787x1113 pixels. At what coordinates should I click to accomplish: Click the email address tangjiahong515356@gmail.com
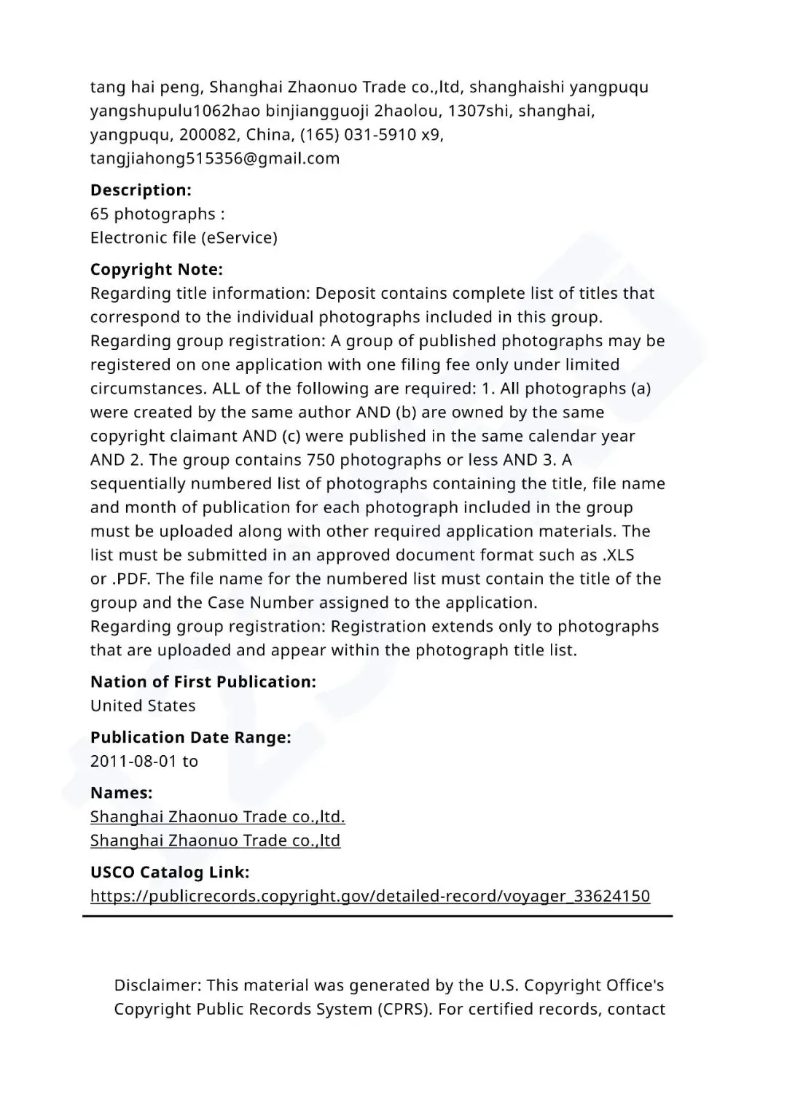tap(215, 158)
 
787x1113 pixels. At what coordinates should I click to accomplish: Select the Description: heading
tap(141, 190)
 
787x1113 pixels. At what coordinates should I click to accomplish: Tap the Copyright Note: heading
tap(157, 270)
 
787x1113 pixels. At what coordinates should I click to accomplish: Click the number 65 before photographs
tap(100, 214)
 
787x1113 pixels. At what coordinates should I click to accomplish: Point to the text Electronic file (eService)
tap(184, 238)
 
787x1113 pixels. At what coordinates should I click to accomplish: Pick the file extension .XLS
tap(618, 555)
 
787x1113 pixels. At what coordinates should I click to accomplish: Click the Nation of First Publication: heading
tap(203, 682)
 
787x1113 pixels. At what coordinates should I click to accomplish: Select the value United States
tap(143, 706)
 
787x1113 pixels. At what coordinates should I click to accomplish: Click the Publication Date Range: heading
tap(191, 738)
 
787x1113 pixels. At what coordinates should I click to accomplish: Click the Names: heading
tap(122, 793)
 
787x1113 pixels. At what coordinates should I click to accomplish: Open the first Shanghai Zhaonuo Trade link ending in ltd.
tap(218, 816)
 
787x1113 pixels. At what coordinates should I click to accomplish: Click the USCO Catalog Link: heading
tap(170, 872)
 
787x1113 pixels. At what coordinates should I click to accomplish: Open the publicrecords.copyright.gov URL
tap(370, 896)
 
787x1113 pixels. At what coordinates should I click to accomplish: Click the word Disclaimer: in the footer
tap(157, 985)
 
